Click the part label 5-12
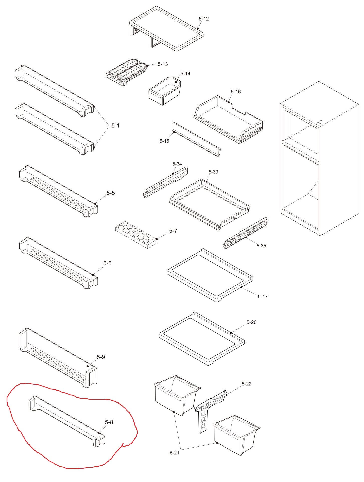204,19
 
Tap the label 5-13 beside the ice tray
163,64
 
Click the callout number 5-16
236,92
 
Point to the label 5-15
164,141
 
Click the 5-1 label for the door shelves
115,125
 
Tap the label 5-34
177,164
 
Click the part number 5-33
213,172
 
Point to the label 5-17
263,296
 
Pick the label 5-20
251,322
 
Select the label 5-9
101,357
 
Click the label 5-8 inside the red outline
109,422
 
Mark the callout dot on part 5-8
99,433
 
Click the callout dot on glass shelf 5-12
198,28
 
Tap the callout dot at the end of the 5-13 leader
147,66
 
